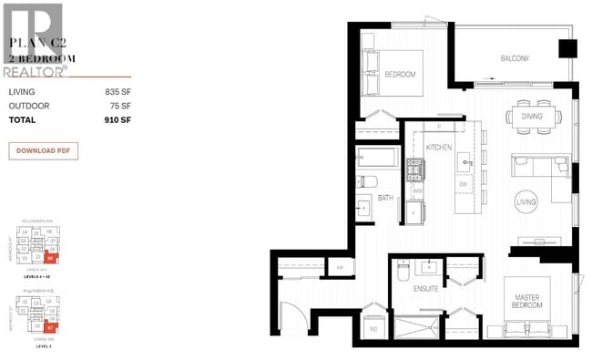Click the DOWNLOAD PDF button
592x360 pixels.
click(44, 150)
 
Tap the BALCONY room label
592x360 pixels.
click(515, 59)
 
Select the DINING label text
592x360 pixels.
click(532, 117)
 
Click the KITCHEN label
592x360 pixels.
click(439, 148)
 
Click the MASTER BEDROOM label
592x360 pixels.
click(527, 300)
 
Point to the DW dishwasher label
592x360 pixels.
click(463, 185)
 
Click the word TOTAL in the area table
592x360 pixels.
click(23, 120)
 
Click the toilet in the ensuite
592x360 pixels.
click(402, 269)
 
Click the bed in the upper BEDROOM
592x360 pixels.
click(393, 73)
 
